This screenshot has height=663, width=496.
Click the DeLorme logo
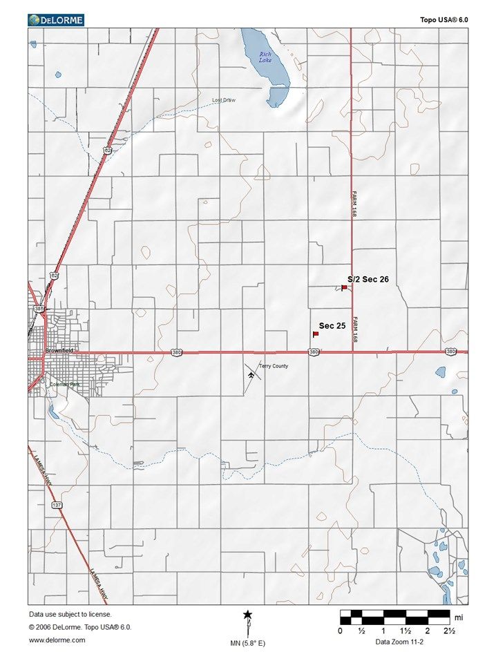tap(56, 20)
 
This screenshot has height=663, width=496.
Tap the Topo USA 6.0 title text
tap(443, 21)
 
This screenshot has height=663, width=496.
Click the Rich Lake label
tap(265, 57)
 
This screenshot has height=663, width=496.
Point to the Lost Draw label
tap(224, 101)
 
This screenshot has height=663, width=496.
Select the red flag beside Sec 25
tap(315, 334)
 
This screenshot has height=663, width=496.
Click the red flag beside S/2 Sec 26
tap(344, 287)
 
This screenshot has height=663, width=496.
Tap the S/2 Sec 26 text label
tap(368, 279)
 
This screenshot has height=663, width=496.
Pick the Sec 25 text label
tap(332, 325)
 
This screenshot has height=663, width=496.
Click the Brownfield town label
tap(59, 351)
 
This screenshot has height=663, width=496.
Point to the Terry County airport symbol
tap(250, 374)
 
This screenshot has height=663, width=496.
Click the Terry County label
tap(274, 366)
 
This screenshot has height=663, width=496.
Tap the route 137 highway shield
tap(56, 506)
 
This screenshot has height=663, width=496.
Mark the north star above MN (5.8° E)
tap(247, 615)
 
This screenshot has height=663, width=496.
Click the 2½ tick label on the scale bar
tap(449, 631)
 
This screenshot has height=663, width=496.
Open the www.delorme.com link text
tap(57, 640)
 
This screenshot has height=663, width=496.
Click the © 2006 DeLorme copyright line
tap(80, 627)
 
